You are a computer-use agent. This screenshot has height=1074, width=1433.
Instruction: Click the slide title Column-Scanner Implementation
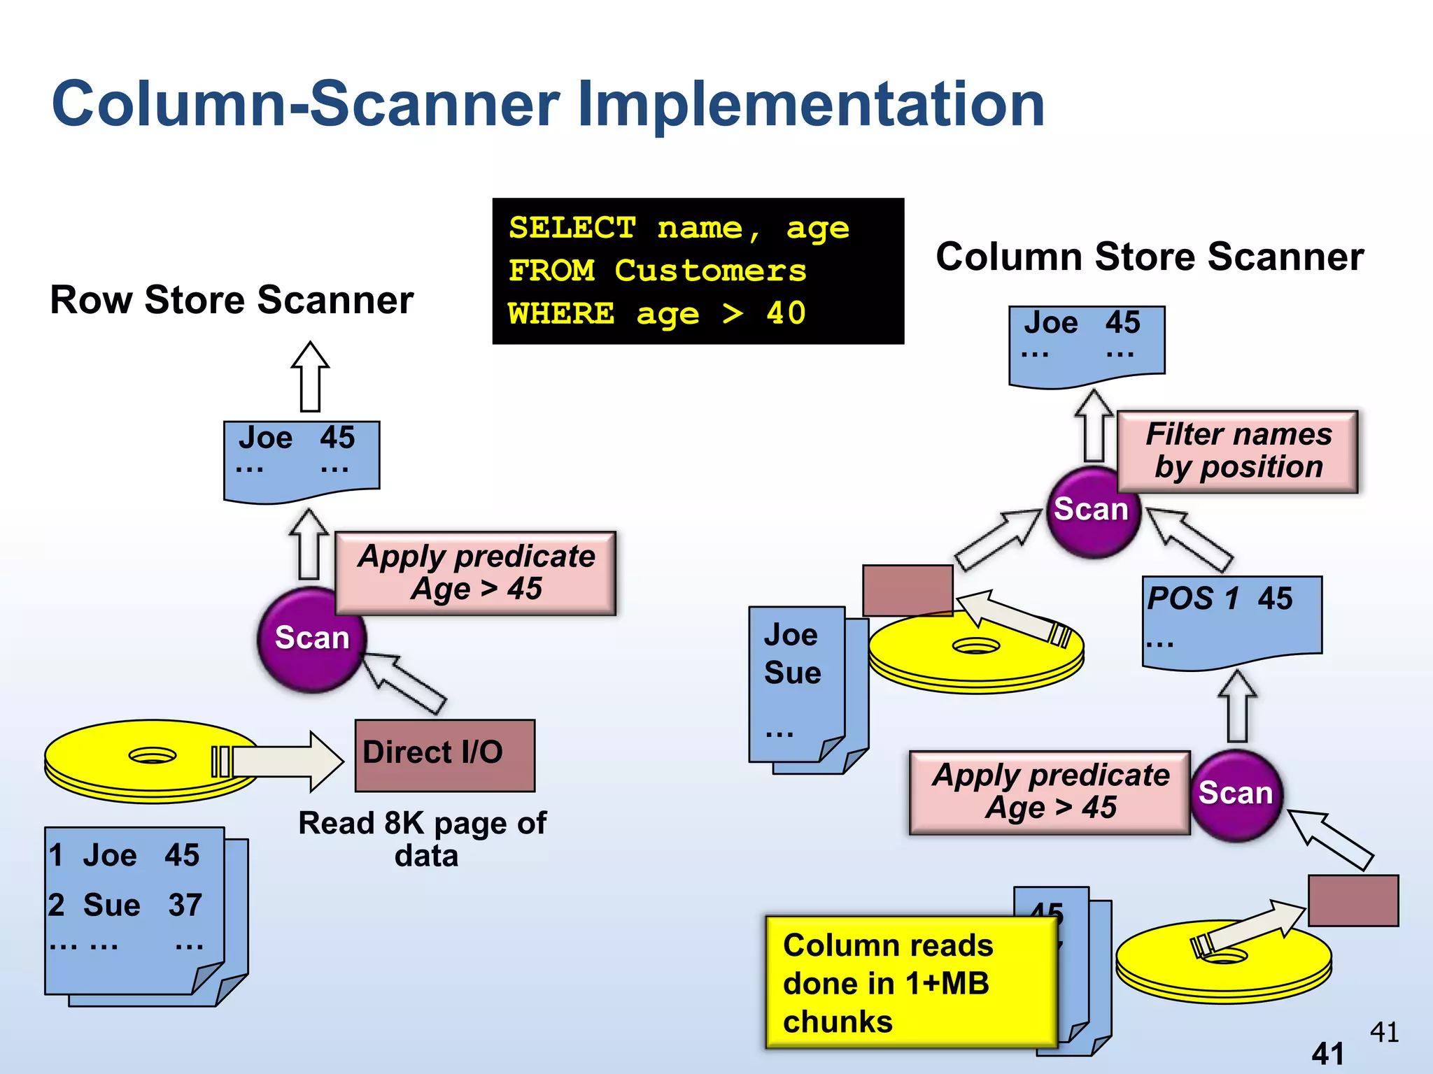[548, 105]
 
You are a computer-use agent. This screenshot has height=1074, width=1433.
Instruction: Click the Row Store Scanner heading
[232, 301]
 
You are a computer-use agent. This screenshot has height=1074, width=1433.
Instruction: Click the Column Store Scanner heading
[1150, 257]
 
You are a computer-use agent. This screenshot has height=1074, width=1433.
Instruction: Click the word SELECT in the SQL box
[572, 229]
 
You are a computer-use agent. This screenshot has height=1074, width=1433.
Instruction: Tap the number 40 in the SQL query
[786, 313]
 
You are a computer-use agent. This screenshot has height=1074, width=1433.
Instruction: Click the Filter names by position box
[1237, 452]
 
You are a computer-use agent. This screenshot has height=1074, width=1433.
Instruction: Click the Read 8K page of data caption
[423, 839]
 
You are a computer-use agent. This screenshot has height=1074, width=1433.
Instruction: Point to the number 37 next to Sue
[185, 905]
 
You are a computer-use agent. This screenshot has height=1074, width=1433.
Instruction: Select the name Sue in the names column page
[792, 673]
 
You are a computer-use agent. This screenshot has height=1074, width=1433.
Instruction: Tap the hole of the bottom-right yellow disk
[1224, 956]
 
